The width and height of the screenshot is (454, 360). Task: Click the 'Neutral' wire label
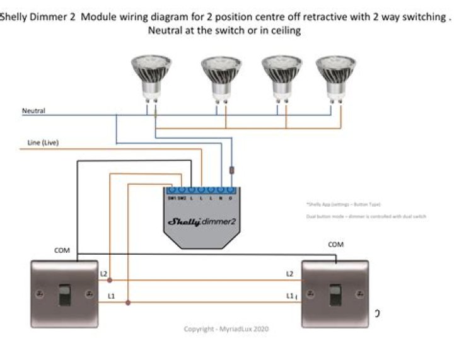click(x=33, y=111)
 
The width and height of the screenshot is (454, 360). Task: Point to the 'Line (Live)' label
click(x=43, y=143)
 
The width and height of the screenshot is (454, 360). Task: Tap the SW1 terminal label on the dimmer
click(x=172, y=199)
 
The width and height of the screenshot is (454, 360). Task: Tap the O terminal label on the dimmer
click(x=231, y=199)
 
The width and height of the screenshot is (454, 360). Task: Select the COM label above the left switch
click(x=62, y=251)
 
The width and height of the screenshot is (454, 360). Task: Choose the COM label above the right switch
click(x=335, y=244)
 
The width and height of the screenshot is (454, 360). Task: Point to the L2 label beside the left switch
click(x=103, y=274)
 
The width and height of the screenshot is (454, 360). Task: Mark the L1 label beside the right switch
click(x=290, y=295)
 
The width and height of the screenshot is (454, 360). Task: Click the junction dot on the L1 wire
click(x=127, y=303)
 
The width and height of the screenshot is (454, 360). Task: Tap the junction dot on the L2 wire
click(x=110, y=279)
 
